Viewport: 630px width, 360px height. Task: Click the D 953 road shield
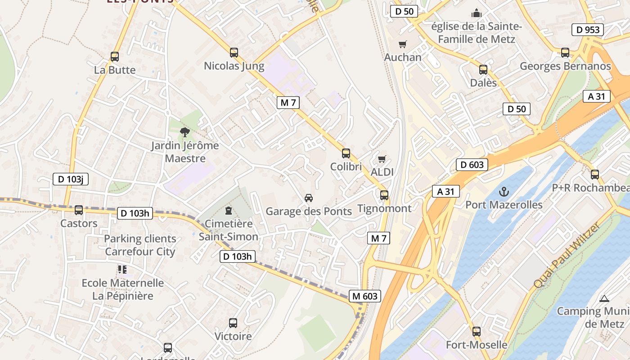click(x=588, y=30)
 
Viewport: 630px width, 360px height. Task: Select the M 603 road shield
click(x=365, y=296)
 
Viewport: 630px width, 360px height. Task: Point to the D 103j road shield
click(x=70, y=179)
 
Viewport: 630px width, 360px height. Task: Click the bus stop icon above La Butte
click(x=115, y=57)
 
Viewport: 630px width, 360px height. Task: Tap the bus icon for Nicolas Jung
click(x=234, y=52)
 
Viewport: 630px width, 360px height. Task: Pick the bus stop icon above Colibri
click(x=346, y=153)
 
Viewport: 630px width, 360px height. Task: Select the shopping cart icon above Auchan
click(x=403, y=44)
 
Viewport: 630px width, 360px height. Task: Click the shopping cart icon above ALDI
click(x=382, y=159)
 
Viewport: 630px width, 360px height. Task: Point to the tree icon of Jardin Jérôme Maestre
click(x=184, y=132)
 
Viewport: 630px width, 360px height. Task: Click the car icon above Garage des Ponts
click(x=309, y=198)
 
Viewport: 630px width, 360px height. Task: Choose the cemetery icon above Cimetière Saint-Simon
click(x=229, y=210)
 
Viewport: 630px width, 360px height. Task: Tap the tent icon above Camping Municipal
click(x=604, y=298)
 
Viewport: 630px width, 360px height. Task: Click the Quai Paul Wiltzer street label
click(x=567, y=255)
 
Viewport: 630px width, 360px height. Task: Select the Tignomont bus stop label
click(x=384, y=208)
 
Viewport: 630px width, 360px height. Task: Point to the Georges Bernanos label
click(x=565, y=66)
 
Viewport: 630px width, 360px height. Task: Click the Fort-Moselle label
click(x=477, y=345)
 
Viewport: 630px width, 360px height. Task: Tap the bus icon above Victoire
click(x=233, y=323)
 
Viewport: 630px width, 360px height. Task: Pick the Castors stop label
click(x=79, y=223)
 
